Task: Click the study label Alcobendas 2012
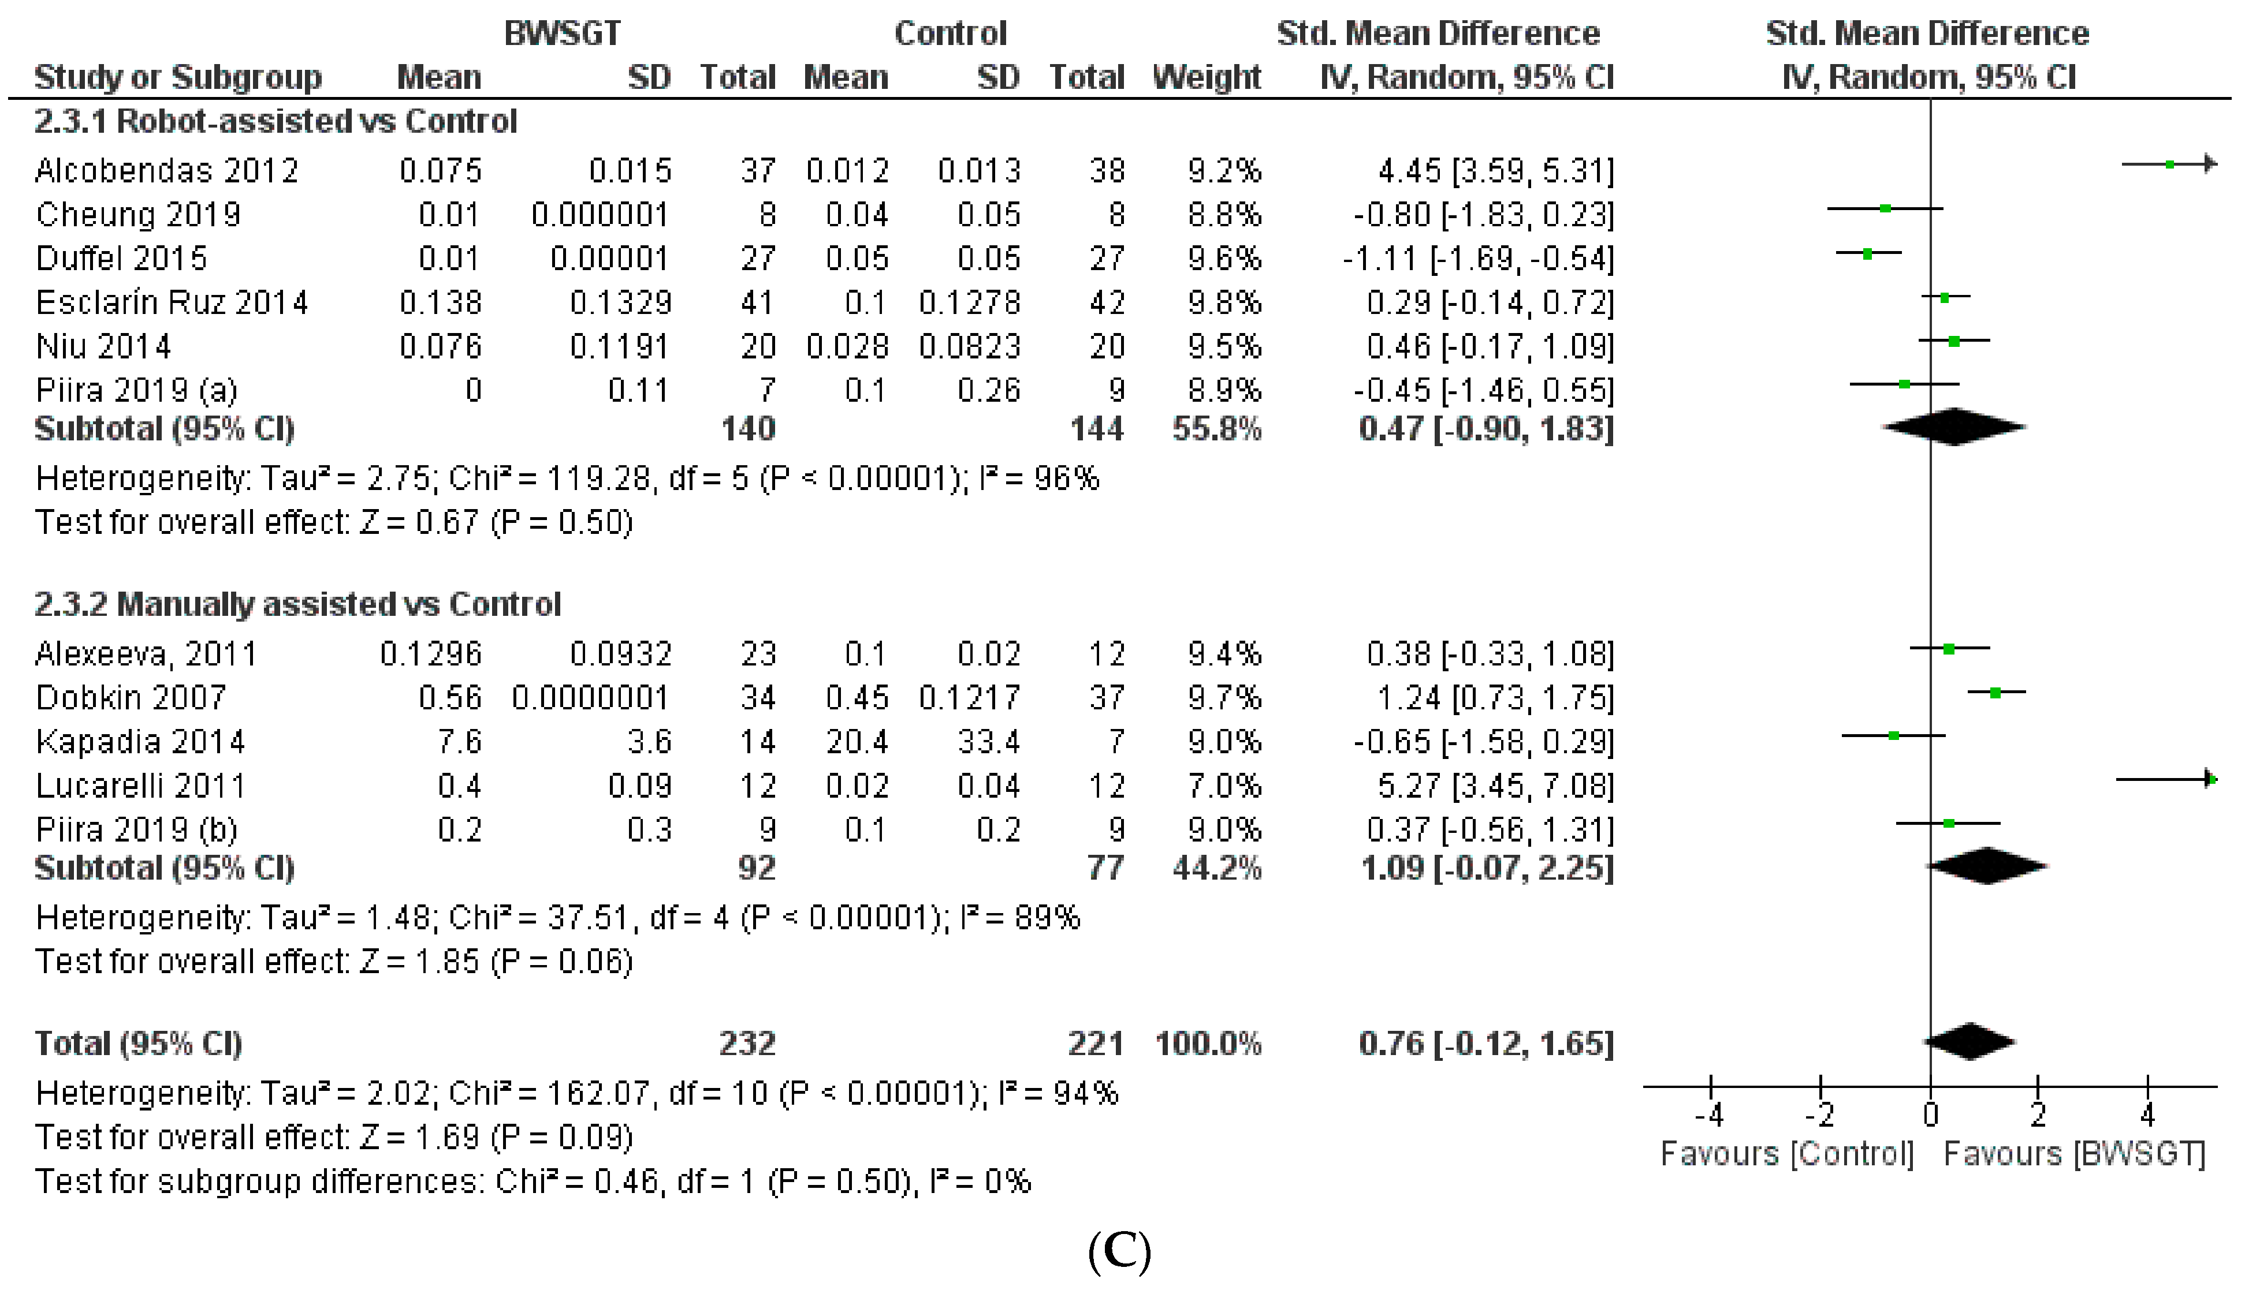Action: [166, 170]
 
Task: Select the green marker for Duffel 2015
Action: [1867, 253]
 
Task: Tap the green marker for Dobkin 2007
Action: [1995, 692]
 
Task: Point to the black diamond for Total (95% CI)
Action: [1970, 1042]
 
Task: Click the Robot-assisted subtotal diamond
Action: [1954, 427]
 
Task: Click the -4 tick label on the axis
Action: [1710, 1115]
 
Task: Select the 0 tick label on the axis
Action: [1930, 1115]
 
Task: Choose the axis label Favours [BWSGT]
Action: [2074, 1154]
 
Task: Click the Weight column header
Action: [1207, 78]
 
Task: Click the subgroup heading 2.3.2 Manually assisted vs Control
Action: [298, 604]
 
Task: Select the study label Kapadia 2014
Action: [140, 742]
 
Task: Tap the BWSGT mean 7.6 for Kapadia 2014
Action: [459, 742]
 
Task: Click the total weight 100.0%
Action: [1208, 1044]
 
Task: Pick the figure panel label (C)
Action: [1119, 1250]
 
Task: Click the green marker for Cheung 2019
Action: [1885, 209]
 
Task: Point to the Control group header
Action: [950, 33]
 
